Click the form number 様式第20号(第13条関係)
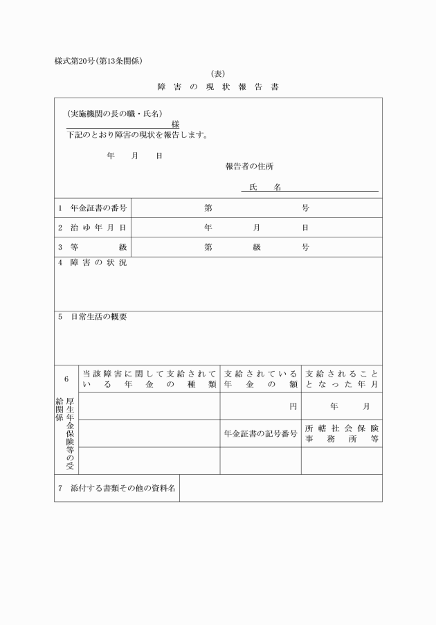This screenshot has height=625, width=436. pyautogui.click(x=98, y=61)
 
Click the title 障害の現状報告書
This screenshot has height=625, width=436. pyautogui.click(x=218, y=87)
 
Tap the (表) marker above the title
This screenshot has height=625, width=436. pyautogui.click(x=217, y=73)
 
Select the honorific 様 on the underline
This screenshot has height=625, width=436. pyautogui.click(x=175, y=124)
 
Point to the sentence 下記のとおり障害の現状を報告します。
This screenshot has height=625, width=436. pyautogui.click(x=138, y=135)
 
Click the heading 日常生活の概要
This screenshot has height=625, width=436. pyautogui.click(x=98, y=317)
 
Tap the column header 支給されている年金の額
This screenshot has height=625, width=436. pyautogui.click(x=260, y=379)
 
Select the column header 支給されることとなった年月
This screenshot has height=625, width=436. pyautogui.click(x=341, y=379)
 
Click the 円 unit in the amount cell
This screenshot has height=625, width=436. pyautogui.click(x=293, y=406)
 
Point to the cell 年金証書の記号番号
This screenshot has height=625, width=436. pyautogui.click(x=260, y=434)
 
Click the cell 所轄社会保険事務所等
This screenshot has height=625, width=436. pyautogui.click(x=341, y=433)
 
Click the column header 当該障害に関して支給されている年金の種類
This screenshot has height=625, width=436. pyautogui.click(x=149, y=379)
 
